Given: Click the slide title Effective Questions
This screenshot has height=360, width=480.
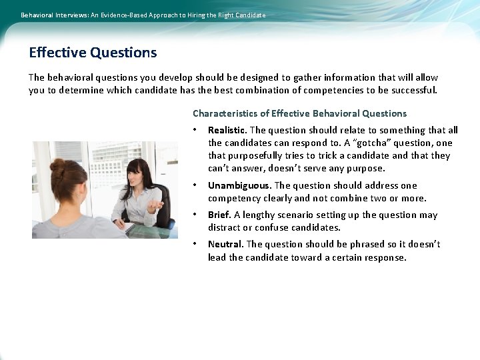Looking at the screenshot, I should point(93,53).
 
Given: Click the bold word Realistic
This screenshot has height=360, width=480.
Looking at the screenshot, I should point(227,131).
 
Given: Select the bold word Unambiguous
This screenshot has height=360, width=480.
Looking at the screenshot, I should point(239,186).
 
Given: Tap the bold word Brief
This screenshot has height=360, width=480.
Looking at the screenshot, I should point(219,215).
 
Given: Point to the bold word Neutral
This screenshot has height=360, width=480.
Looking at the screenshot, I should point(225,245).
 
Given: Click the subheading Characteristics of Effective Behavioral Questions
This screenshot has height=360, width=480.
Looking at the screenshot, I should point(299,113).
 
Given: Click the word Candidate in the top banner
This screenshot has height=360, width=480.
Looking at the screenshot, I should point(249,15).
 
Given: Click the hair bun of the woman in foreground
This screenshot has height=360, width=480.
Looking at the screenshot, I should point(58,167).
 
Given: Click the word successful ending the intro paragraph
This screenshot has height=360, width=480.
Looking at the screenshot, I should point(413,91).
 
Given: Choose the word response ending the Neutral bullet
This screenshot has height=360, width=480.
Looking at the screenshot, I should point(385,257).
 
